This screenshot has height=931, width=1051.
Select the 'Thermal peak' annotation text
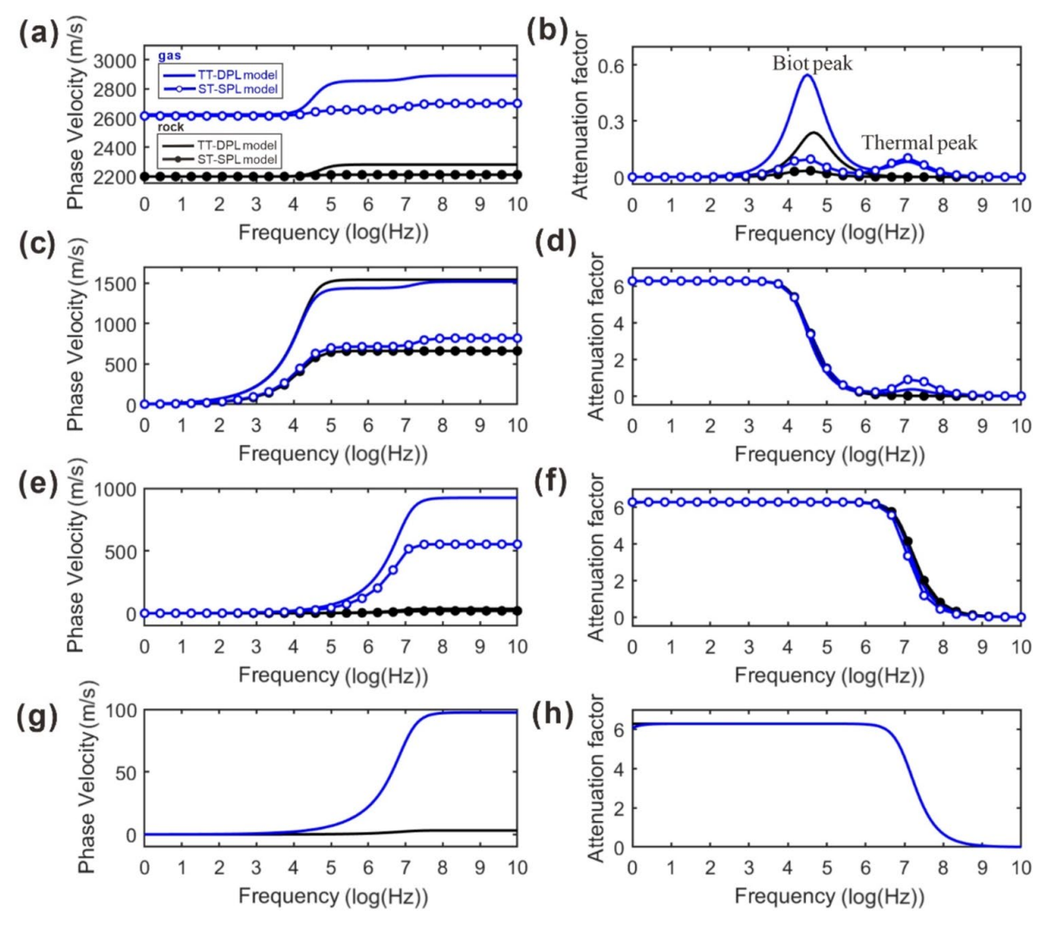pyautogui.click(x=918, y=142)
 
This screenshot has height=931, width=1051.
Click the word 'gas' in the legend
pyautogui.click(x=168, y=55)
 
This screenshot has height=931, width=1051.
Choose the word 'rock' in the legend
pyautogui.click(x=170, y=127)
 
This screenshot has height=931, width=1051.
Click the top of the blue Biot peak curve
pyautogui.click(x=808, y=75)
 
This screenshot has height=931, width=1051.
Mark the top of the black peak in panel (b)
pyautogui.click(x=814, y=133)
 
